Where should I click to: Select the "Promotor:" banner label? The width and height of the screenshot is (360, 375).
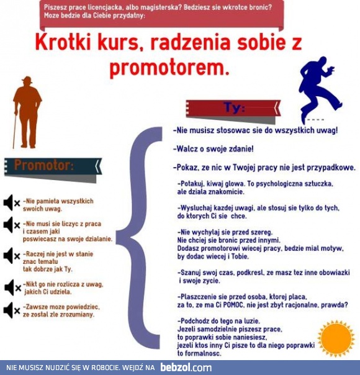[x=44, y=166]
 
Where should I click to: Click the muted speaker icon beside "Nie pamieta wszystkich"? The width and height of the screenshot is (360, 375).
[x=11, y=202]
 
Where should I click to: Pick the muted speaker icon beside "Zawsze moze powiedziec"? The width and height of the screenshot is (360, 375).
[x=11, y=310]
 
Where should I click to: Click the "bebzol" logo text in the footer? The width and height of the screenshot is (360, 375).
[x=186, y=368]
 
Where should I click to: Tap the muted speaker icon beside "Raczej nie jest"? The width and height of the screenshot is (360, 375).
[x=11, y=255]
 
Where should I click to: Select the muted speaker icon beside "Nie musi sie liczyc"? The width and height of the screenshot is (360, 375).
[x=11, y=225]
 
